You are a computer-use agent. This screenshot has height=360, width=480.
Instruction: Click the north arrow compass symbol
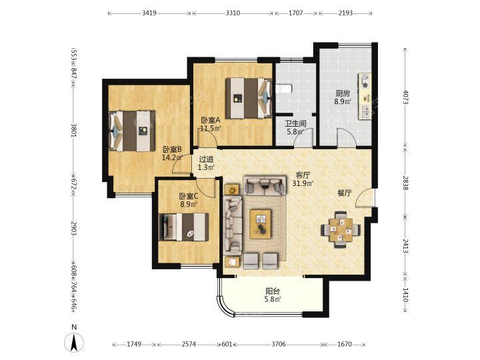pyautogui.click(x=74, y=343)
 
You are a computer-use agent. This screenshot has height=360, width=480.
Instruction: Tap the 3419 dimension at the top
pyautogui.click(x=149, y=13)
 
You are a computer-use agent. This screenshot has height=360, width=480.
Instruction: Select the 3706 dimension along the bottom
pyautogui.click(x=279, y=345)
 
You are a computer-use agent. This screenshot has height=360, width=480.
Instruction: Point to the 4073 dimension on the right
pyautogui.click(x=405, y=97)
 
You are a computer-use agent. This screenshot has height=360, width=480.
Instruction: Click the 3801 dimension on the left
pyautogui.click(x=74, y=131)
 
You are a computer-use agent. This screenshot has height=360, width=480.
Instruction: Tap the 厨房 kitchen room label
pyautogui.click(x=343, y=93)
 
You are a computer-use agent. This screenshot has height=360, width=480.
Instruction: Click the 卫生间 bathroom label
pyautogui.click(x=296, y=124)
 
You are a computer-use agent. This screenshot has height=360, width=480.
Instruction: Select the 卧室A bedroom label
pyautogui.click(x=211, y=120)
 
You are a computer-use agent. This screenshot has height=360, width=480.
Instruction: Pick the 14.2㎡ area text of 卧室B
pyautogui.click(x=173, y=157)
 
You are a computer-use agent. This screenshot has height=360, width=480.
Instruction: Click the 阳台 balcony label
pyautogui.click(x=273, y=291)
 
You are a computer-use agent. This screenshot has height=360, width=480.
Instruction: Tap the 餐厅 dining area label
pyautogui.click(x=345, y=193)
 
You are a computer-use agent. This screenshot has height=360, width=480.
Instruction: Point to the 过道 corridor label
pyautogui.click(x=206, y=159)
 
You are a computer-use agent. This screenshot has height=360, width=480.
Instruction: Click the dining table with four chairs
pyautogui.click(x=341, y=229)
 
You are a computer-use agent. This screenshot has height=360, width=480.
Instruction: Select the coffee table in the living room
pyautogui.click(x=261, y=224)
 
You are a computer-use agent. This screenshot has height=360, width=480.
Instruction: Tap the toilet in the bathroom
pyautogui.click(x=284, y=89)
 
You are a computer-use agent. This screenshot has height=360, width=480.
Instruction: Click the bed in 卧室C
pyautogui.click(x=184, y=227)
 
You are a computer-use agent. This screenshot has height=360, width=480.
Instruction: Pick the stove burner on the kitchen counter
pyautogui.click(x=365, y=81)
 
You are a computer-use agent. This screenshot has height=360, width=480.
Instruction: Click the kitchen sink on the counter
pyautogui.click(x=365, y=112)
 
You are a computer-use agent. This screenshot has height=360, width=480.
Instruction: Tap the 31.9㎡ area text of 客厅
pyautogui.click(x=303, y=183)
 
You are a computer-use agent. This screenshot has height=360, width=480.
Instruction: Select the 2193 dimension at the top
pyautogui.click(x=345, y=13)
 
